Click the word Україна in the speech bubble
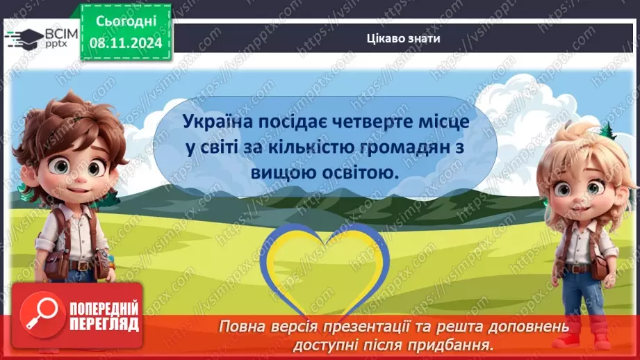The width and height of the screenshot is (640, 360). click(x=213, y=122)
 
